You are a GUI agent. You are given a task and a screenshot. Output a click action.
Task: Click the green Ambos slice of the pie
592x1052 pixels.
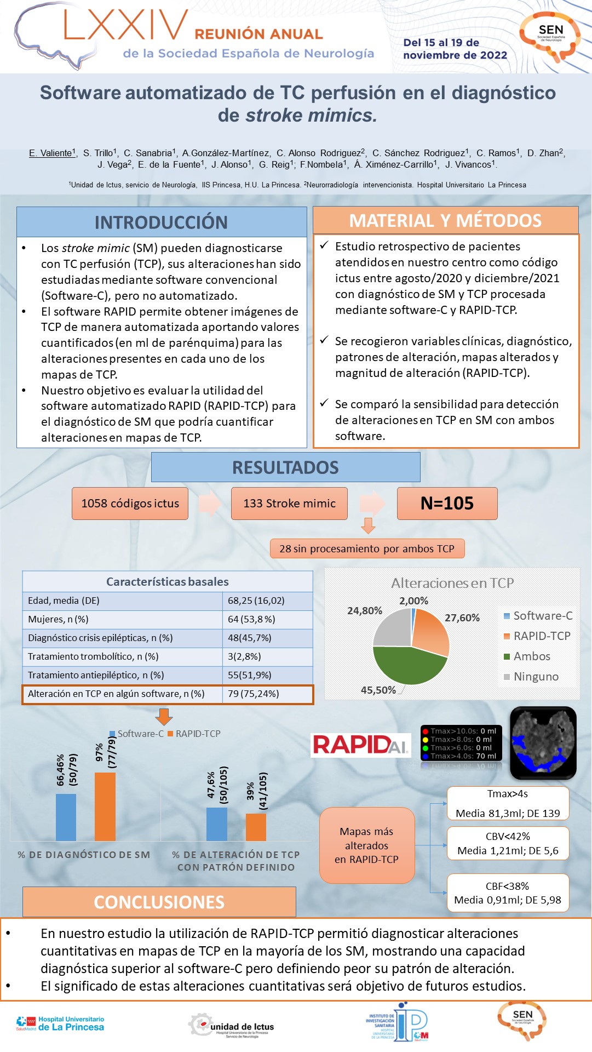click(x=408, y=666)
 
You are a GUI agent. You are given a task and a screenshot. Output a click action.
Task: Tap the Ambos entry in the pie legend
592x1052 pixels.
click(x=531, y=656)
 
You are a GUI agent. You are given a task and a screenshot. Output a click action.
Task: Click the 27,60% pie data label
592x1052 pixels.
click(x=462, y=618)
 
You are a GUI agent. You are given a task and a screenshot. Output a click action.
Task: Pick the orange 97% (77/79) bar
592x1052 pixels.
click(x=105, y=807)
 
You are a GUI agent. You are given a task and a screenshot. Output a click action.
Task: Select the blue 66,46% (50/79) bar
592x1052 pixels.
click(x=66, y=817)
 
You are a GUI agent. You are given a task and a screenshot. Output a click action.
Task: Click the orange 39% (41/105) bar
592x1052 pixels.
click(x=256, y=827)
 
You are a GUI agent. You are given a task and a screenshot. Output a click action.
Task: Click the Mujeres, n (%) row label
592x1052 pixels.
click(x=58, y=619)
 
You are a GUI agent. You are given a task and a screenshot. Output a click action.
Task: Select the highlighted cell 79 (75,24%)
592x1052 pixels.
click(x=254, y=694)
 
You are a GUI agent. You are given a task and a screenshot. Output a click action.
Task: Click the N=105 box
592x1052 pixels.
click(x=447, y=504)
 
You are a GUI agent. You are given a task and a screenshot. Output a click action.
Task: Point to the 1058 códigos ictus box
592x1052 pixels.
click(x=130, y=504)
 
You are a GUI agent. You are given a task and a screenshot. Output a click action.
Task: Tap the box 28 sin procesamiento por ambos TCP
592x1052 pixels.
click(x=367, y=548)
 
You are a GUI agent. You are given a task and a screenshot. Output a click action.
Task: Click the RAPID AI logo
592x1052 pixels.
click(x=360, y=745)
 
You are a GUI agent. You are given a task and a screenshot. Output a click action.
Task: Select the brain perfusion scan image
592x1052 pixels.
click(x=543, y=742)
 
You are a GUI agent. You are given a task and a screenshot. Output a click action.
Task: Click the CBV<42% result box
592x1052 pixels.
click(x=508, y=844)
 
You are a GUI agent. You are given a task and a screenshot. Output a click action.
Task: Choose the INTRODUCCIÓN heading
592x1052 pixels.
click(x=161, y=222)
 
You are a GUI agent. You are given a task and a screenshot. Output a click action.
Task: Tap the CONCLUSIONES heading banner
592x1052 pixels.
click(x=159, y=902)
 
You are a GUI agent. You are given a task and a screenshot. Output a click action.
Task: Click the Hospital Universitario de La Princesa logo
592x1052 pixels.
click(x=60, y=1024)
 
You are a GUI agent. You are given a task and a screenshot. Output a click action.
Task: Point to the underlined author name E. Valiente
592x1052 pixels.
click(x=51, y=153)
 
